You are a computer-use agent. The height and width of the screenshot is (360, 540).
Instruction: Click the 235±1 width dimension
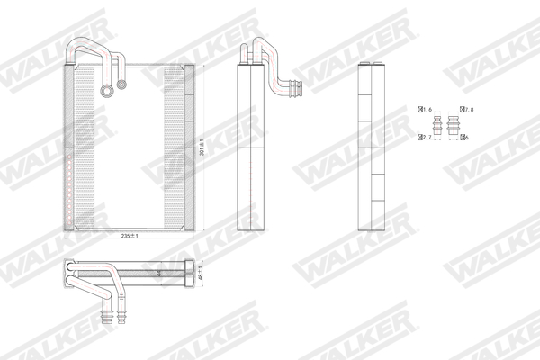(x=131, y=236)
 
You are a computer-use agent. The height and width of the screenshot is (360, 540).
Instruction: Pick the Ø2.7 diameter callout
(x=425, y=138)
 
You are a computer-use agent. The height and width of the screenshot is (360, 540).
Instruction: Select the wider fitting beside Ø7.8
(x=458, y=125)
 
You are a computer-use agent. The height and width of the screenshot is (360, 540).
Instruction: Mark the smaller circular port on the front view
(x=120, y=86)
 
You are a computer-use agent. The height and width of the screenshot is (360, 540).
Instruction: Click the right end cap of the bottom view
(x=193, y=272)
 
